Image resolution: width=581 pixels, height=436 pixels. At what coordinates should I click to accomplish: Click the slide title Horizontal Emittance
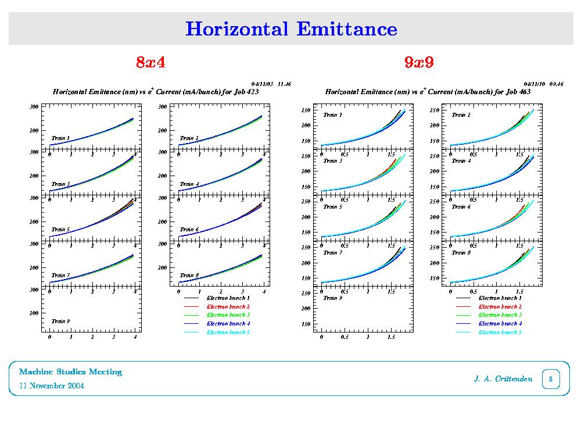pyautogui.click(x=291, y=28)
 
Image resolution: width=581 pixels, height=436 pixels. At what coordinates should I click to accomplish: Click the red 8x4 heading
pyautogui.click(x=150, y=63)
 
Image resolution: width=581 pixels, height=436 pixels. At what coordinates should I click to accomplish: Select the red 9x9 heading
pyautogui.click(x=419, y=63)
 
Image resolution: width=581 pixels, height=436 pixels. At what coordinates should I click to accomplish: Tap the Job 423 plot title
pyautogui.click(x=155, y=92)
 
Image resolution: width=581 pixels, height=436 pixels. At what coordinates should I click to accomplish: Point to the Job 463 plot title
pyautogui.click(x=428, y=92)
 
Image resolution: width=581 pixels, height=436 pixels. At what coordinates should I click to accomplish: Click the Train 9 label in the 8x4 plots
pyautogui.click(x=60, y=321)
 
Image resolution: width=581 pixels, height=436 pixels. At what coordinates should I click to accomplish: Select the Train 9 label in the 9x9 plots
pyautogui.click(x=332, y=298)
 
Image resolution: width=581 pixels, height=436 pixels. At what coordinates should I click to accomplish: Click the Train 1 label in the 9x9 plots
pyautogui.click(x=332, y=115)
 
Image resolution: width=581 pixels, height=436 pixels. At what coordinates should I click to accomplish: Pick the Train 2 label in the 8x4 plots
pyautogui.click(x=189, y=138)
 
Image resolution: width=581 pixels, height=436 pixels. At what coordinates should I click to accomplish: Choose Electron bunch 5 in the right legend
pyautogui.click(x=500, y=333)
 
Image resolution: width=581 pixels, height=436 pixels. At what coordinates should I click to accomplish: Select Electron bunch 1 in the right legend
pyautogui.click(x=500, y=298)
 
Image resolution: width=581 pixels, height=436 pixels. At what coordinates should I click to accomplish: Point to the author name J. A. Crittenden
pyautogui.click(x=503, y=380)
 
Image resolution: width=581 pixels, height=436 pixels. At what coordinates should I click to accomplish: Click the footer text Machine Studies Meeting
pyautogui.click(x=70, y=372)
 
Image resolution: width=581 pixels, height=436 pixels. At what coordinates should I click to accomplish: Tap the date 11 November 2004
pyautogui.click(x=52, y=386)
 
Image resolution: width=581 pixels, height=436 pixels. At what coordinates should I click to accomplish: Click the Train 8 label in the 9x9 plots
pyautogui.click(x=461, y=253)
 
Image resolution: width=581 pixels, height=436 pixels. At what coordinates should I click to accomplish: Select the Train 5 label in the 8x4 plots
pyautogui.click(x=60, y=230)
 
